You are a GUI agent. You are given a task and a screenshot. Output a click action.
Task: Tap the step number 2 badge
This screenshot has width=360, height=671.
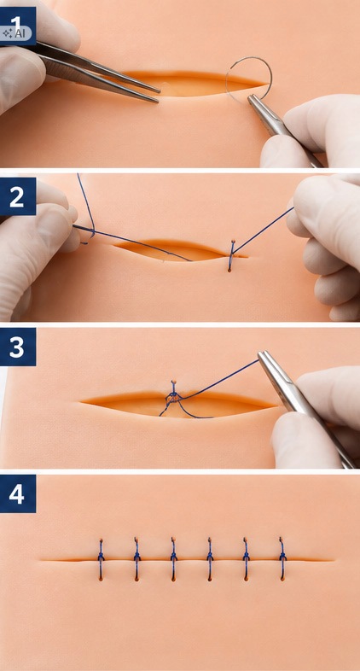[18, 197]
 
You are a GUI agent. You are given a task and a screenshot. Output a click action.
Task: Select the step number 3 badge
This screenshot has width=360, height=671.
[18, 347]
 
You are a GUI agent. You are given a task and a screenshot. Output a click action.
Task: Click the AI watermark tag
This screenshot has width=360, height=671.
[15, 34]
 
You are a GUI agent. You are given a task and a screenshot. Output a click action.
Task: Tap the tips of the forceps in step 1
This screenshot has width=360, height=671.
[157, 96]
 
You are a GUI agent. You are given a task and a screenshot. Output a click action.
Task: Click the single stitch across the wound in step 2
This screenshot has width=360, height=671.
[231, 256]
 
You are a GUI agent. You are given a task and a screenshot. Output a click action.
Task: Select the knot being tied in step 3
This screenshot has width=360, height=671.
[173, 397]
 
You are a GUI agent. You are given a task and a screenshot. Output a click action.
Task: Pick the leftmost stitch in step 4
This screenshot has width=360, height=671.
[101, 559]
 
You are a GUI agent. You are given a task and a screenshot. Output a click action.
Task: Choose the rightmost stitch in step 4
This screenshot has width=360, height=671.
[282, 558]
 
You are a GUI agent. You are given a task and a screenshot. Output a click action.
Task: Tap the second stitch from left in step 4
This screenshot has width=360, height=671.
[136, 559]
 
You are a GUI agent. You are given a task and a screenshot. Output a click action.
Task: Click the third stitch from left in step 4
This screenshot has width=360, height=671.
[173, 559]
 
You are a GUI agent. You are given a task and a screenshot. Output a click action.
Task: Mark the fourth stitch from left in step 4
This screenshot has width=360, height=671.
[210, 559]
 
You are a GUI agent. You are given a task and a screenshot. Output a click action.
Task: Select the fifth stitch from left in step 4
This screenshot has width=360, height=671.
[247, 559]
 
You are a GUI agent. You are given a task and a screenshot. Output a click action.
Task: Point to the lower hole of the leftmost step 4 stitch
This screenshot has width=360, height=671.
[101, 579]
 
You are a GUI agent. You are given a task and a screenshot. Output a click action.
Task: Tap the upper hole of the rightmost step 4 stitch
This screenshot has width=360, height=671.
[281, 540]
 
